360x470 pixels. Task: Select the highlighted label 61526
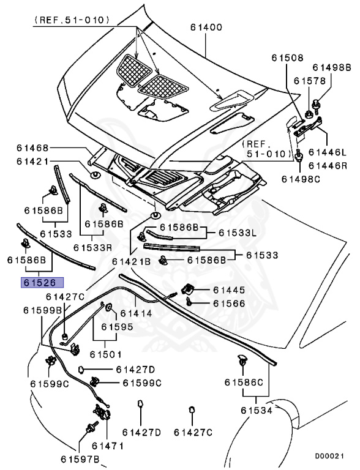(x=40, y=283)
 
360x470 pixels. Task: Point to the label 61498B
(x=331, y=67)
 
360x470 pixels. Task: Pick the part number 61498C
(x=301, y=179)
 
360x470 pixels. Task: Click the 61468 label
(x=33, y=148)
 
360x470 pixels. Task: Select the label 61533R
(x=93, y=247)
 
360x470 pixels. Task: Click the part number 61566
(x=229, y=303)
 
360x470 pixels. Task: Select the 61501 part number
(x=105, y=354)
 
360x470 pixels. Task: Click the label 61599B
(x=43, y=310)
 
